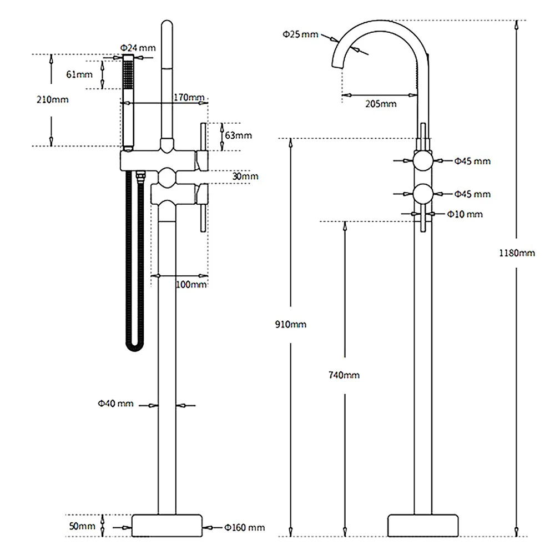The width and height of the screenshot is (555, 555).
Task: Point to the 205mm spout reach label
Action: [x=382, y=104]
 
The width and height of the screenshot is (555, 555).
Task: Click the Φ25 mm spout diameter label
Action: [x=300, y=34]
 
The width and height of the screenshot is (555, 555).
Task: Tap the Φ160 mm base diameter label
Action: [x=244, y=527]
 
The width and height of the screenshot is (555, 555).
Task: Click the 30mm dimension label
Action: [x=245, y=176]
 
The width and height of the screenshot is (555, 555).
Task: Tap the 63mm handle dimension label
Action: [x=238, y=135]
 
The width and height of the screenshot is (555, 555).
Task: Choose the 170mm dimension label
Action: [x=189, y=98]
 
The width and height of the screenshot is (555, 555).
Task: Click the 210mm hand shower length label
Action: [x=53, y=99]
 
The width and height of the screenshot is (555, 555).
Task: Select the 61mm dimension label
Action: [x=79, y=75]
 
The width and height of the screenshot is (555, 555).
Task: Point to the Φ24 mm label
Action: [x=138, y=47]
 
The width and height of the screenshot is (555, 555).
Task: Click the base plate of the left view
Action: [x=167, y=524]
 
